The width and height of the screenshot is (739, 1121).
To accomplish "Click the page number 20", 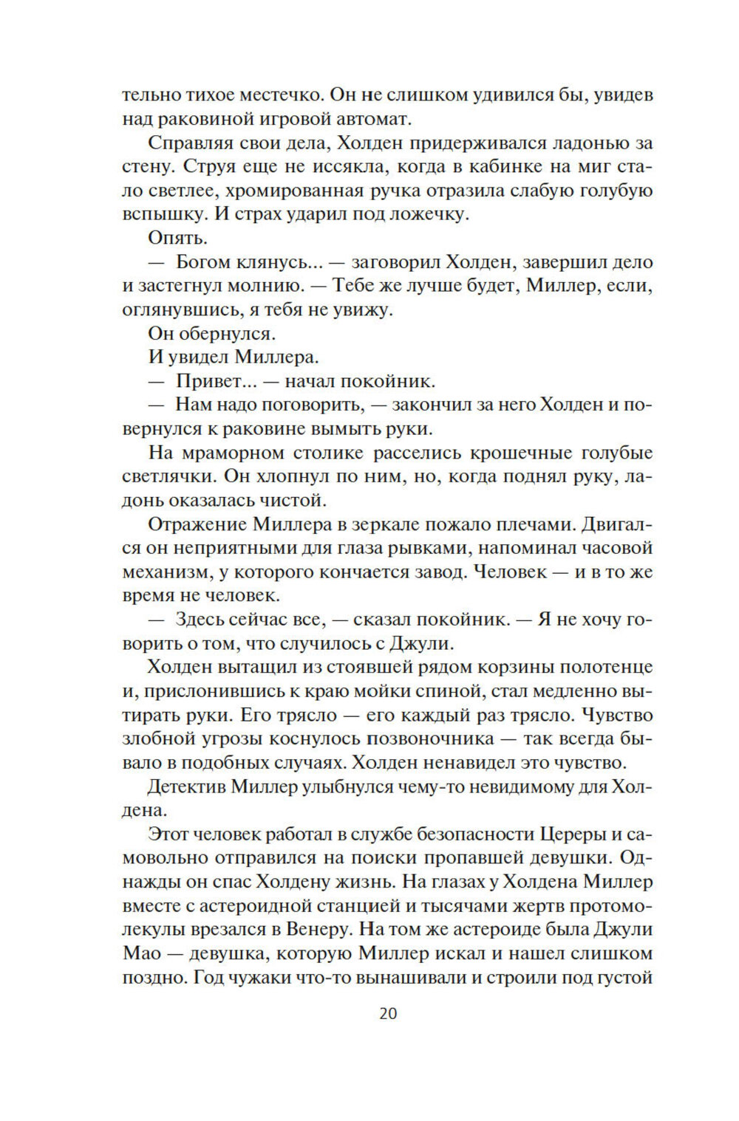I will pyautogui.click(x=388, y=1013).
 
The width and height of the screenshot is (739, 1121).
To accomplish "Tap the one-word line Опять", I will pyautogui.click(x=178, y=238).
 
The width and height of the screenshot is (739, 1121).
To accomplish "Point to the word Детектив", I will pyautogui.click(x=185, y=786).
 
